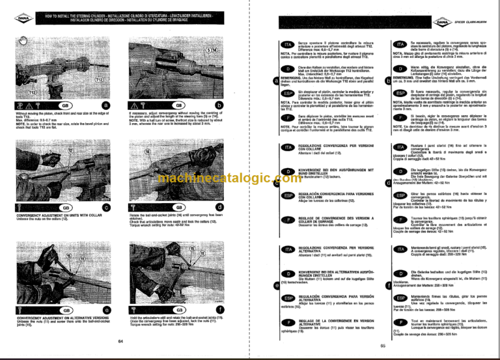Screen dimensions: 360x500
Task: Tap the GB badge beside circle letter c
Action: (x=64, y=207)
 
